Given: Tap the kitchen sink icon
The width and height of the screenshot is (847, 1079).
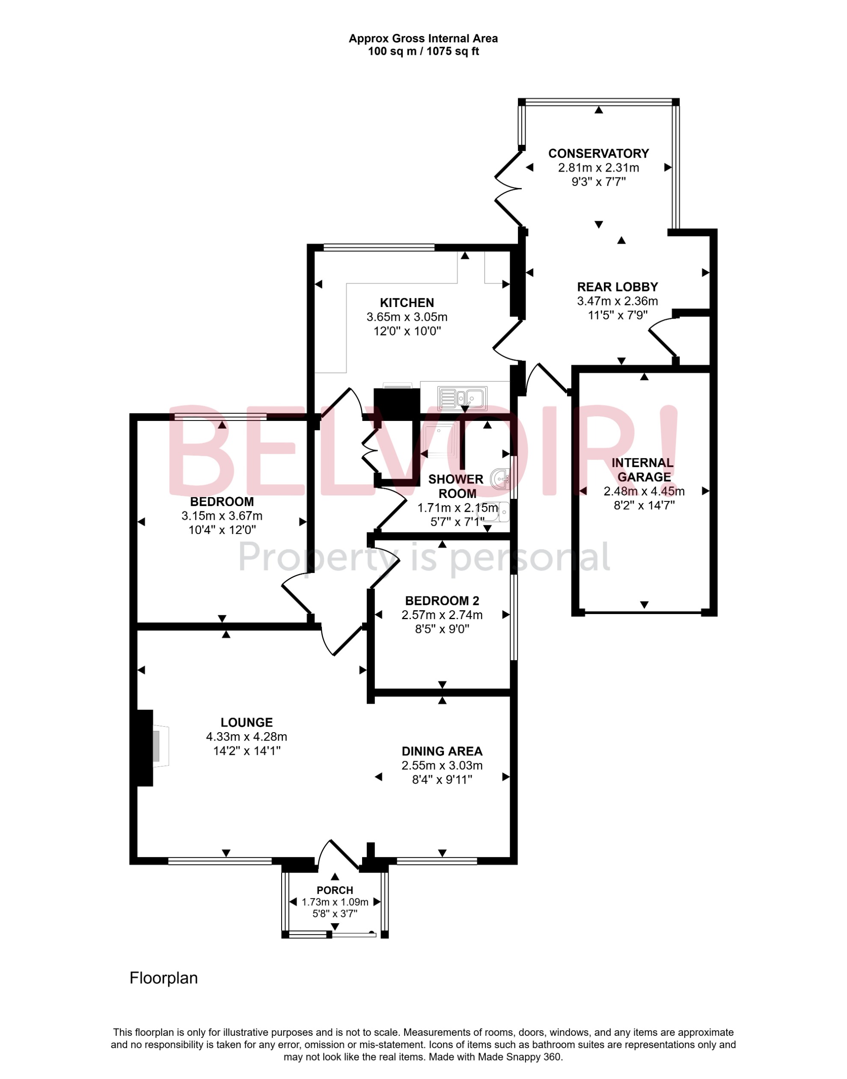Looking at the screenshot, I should [463, 398].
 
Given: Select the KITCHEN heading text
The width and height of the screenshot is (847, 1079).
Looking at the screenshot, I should [407, 303].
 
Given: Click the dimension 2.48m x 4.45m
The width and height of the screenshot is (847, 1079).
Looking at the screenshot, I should [644, 491].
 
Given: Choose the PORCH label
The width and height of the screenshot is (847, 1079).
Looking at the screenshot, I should [335, 891].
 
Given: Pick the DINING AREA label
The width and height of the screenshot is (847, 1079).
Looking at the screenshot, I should [441, 751].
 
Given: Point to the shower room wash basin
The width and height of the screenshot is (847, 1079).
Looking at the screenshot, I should [500, 479].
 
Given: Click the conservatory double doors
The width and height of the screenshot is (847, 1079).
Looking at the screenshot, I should [508, 188].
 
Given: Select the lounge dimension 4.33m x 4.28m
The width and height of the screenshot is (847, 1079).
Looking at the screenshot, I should [247, 737].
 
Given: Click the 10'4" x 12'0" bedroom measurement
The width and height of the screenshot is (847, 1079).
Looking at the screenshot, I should [222, 530].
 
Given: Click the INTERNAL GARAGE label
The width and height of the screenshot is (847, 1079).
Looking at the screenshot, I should [643, 470].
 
